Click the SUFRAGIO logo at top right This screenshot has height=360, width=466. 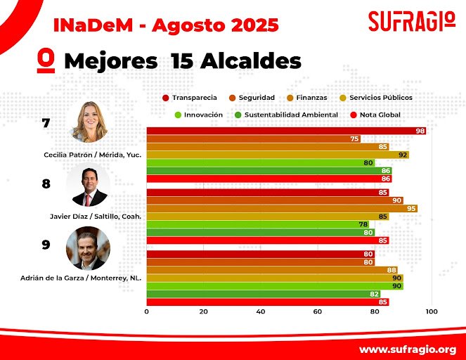pyautogui.click(x=411, y=21)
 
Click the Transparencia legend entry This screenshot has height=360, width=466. pyautogui.click(x=190, y=98)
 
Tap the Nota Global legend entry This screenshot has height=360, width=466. pyautogui.click(x=376, y=115)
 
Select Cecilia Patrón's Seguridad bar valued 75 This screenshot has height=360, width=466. pyautogui.click(x=253, y=139)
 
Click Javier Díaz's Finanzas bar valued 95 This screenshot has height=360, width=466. pyautogui.click(x=282, y=208)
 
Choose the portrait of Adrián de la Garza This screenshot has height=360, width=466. pyautogui.click(x=88, y=247)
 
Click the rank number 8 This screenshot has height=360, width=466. pyautogui.click(x=46, y=184)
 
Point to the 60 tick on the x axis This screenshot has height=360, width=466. pyautogui.click(x=317, y=311)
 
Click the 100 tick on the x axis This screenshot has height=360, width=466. pyautogui.click(x=431, y=311)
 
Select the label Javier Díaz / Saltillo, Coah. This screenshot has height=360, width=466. pyautogui.click(x=91, y=217)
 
